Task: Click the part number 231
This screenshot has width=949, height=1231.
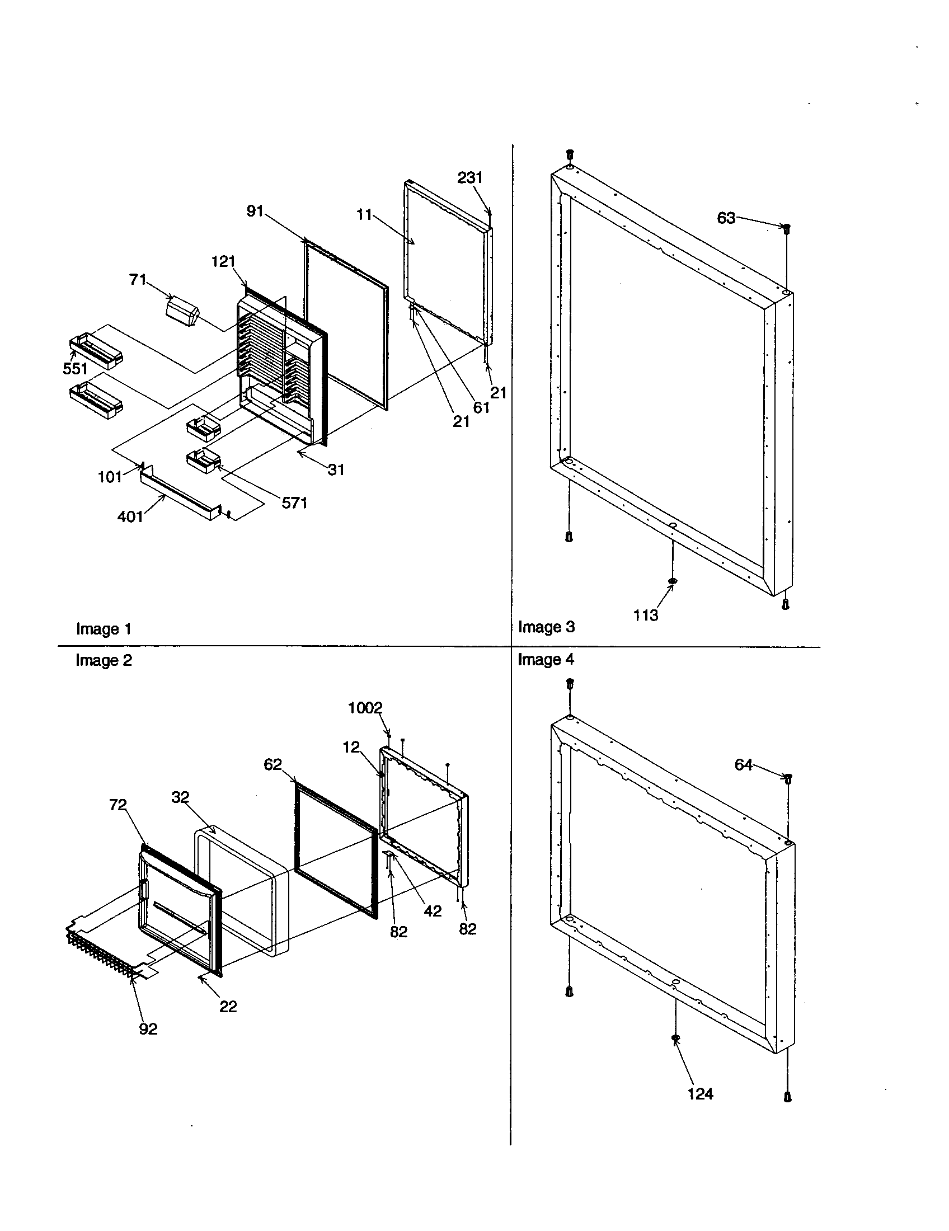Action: (469, 178)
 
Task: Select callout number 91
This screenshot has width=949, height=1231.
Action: (255, 212)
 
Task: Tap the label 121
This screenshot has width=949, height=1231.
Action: (223, 261)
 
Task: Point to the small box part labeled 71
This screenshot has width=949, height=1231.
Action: (182, 312)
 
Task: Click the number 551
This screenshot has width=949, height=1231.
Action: (75, 369)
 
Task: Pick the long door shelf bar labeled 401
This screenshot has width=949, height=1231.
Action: (177, 494)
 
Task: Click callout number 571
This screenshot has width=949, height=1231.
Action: (294, 503)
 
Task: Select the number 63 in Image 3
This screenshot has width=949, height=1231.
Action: (726, 218)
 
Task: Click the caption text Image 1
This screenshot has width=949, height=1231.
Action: (104, 629)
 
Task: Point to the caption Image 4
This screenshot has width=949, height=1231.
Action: (546, 660)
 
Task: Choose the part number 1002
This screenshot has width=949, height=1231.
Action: (365, 708)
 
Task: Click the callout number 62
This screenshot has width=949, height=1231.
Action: (273, 765)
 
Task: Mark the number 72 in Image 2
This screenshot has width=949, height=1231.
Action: (118, 805)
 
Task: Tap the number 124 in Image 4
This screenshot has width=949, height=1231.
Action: (700, 1094)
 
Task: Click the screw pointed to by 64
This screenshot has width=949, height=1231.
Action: (788, 778)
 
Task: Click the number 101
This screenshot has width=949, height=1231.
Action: (110, 477)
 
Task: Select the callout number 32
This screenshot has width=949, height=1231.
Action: (180, 797)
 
